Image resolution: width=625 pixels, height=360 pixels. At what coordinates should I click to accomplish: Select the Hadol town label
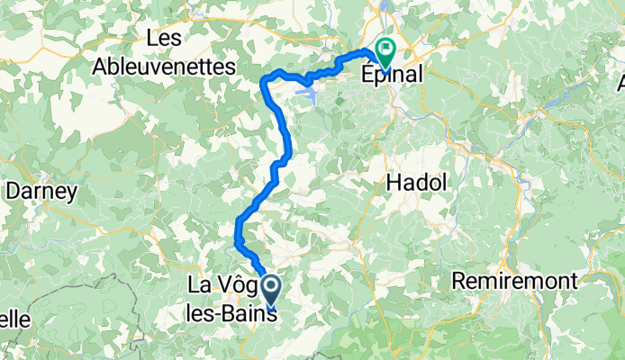[x=415, y=182]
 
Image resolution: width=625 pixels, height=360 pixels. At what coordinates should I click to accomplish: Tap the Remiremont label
[x=514, y=281]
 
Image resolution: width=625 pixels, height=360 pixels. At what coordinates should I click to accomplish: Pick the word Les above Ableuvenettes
[x=166, y=39]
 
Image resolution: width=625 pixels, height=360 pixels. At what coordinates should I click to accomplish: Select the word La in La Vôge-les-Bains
[x=198, y=287]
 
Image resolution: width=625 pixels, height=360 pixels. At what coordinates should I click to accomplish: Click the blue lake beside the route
[x=307, y=91]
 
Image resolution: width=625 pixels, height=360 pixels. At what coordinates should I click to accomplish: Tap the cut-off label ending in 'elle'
[x=15, y=319]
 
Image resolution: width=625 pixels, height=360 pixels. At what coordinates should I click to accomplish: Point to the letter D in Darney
[x=13, y=191]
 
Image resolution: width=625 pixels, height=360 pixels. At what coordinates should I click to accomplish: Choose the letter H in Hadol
[x=393, y=182]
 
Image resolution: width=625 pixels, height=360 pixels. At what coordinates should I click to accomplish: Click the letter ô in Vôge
[x=233, y=287]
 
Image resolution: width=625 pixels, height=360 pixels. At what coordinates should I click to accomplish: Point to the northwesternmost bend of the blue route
[x=264, y=80]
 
